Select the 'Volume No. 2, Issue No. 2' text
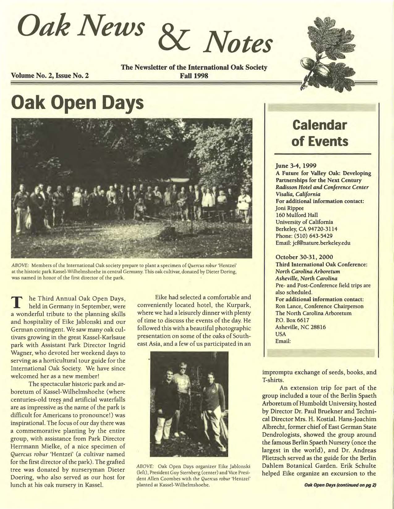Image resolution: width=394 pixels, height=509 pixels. pyautogui.click(x=50, y=75)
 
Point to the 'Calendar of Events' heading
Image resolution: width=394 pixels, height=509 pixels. pyautogui.click(x=320, y=133)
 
